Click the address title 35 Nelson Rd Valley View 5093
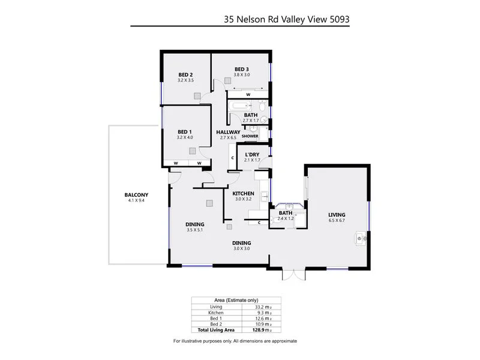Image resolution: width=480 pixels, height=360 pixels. [286, 19]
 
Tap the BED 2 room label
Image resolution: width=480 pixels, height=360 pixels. [185, 74]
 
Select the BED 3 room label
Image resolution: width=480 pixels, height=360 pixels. [242, 68]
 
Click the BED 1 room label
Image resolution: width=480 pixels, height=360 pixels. [185, 131]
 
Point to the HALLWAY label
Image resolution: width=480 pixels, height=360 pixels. [229, 132]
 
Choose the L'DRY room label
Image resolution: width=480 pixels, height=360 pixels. [252, 155]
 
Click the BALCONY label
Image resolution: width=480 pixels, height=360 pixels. [136, 194]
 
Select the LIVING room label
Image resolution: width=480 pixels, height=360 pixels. [337, 215]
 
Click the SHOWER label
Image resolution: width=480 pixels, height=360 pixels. [250, 136]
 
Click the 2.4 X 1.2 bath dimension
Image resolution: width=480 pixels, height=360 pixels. [286, 219]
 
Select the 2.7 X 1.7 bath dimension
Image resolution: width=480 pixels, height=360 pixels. [250, 121]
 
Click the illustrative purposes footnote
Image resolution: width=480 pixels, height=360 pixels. [235, 341]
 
